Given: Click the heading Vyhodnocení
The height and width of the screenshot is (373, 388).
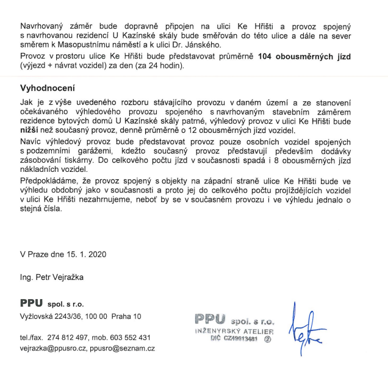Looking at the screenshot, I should (48, 88).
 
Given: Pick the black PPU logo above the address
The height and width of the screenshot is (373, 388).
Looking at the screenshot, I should (32, 303).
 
